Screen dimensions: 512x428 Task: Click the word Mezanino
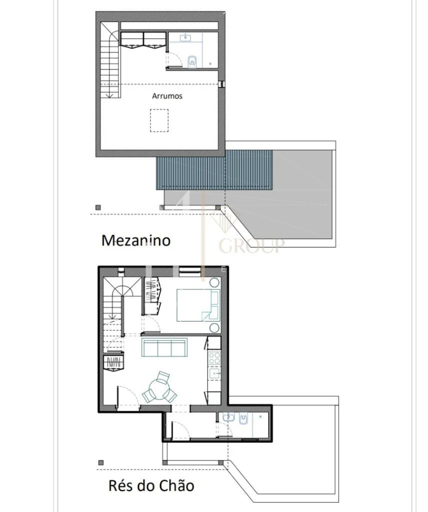coord(136,240)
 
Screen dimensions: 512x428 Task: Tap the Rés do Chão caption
coord(151,486)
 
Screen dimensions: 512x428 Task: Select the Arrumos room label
coord(167,96)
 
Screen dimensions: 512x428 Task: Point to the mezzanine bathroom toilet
coord(193,60)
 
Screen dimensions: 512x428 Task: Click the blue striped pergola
coord(214,170)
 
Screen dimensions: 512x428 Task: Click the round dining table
coord(161,388)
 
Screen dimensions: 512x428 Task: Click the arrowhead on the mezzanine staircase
coord(109,95)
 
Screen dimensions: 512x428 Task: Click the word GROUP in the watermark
coord(251,246)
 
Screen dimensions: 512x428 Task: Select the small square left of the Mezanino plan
coord(98,207)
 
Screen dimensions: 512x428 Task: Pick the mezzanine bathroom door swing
coord(175,58)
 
